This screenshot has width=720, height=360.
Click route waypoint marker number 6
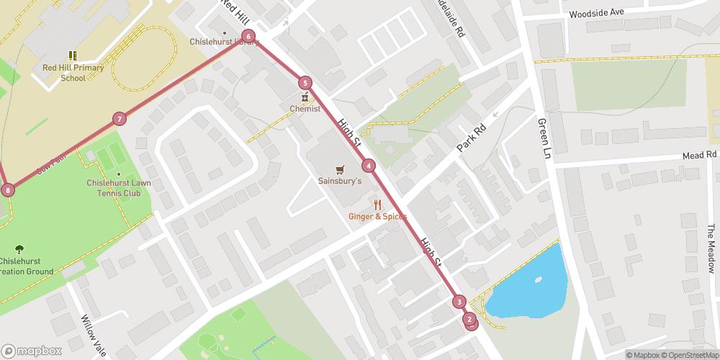(x=248, y=36)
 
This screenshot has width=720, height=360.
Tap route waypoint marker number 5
(x=305, y=83)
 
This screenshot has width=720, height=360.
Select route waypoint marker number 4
(x=369, y=166)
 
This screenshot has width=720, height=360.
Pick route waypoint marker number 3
(x=459, y=302)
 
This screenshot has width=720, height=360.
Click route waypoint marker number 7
(x=120, y=119)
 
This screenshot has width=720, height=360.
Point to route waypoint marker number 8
(x=8, y=190)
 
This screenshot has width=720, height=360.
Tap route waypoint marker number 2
(x=469, y=319)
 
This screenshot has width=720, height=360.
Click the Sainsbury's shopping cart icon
(x=340, y=169)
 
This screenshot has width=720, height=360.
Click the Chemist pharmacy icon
(x=305, y=97)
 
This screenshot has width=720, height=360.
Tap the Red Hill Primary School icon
(x=72, y=55)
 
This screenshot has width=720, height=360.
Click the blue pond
(x=528, y=284)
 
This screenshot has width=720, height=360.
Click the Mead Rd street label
(x=701, y=155)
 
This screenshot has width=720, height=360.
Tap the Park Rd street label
(x=473, y=138)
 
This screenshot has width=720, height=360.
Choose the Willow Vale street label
(x=93, y=330)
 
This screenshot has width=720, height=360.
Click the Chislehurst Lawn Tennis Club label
(x=119, y=187)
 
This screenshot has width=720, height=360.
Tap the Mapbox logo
(x=32, y=351)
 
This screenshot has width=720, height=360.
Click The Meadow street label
(x=711, y=249)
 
